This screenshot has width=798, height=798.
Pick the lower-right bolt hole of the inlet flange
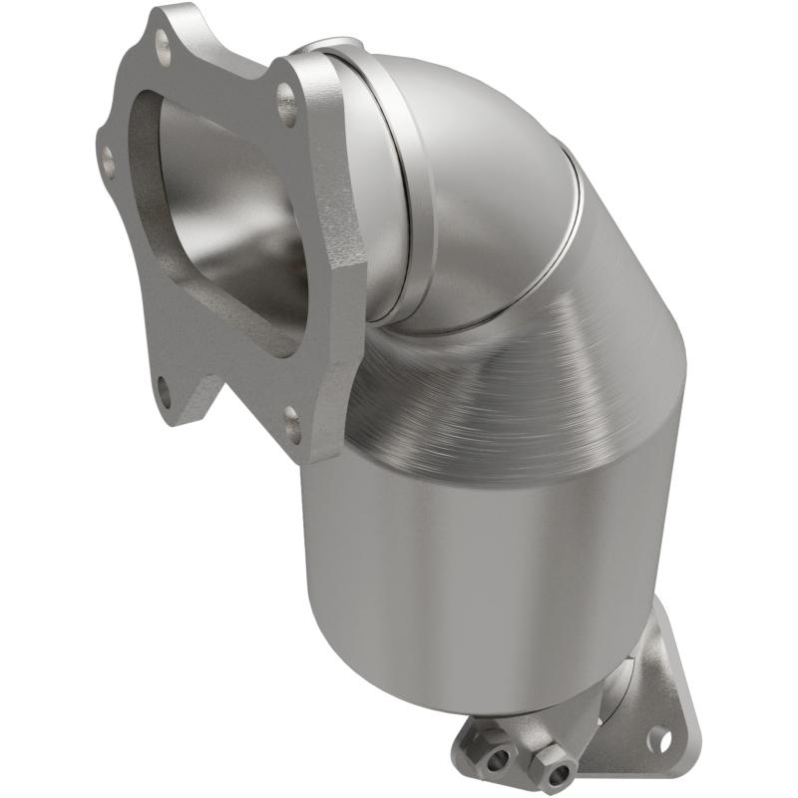(291, 424)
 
